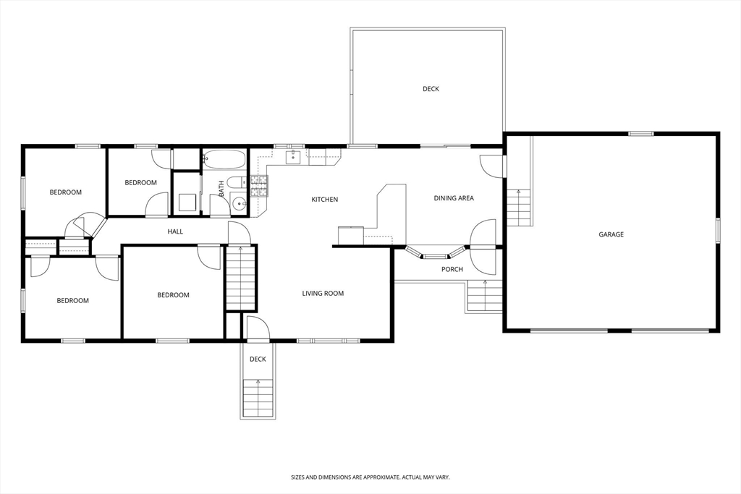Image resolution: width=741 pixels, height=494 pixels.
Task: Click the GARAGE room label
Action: [611, 234]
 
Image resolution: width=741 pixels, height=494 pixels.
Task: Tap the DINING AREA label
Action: [454, 198]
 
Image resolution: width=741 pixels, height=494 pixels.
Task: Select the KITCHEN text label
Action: [324, 200]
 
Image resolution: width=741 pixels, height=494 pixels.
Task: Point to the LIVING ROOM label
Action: [323, 294]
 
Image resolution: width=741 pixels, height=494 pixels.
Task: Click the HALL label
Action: [175, 232]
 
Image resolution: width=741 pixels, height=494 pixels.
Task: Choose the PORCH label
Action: [452, 270]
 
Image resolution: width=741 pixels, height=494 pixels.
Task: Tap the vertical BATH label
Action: [221, 189]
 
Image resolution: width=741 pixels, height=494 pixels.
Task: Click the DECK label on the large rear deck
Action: [431, 89]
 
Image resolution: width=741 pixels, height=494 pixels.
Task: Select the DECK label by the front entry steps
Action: [258, 359]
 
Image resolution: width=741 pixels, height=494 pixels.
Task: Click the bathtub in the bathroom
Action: [225, 158]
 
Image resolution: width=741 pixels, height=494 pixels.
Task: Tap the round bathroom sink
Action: [240, 204]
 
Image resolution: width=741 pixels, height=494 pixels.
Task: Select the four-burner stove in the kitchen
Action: [258, 187]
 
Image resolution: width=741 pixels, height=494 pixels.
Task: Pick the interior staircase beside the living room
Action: [241, 278]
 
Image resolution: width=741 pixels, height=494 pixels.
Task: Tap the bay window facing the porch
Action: [434, 255]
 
